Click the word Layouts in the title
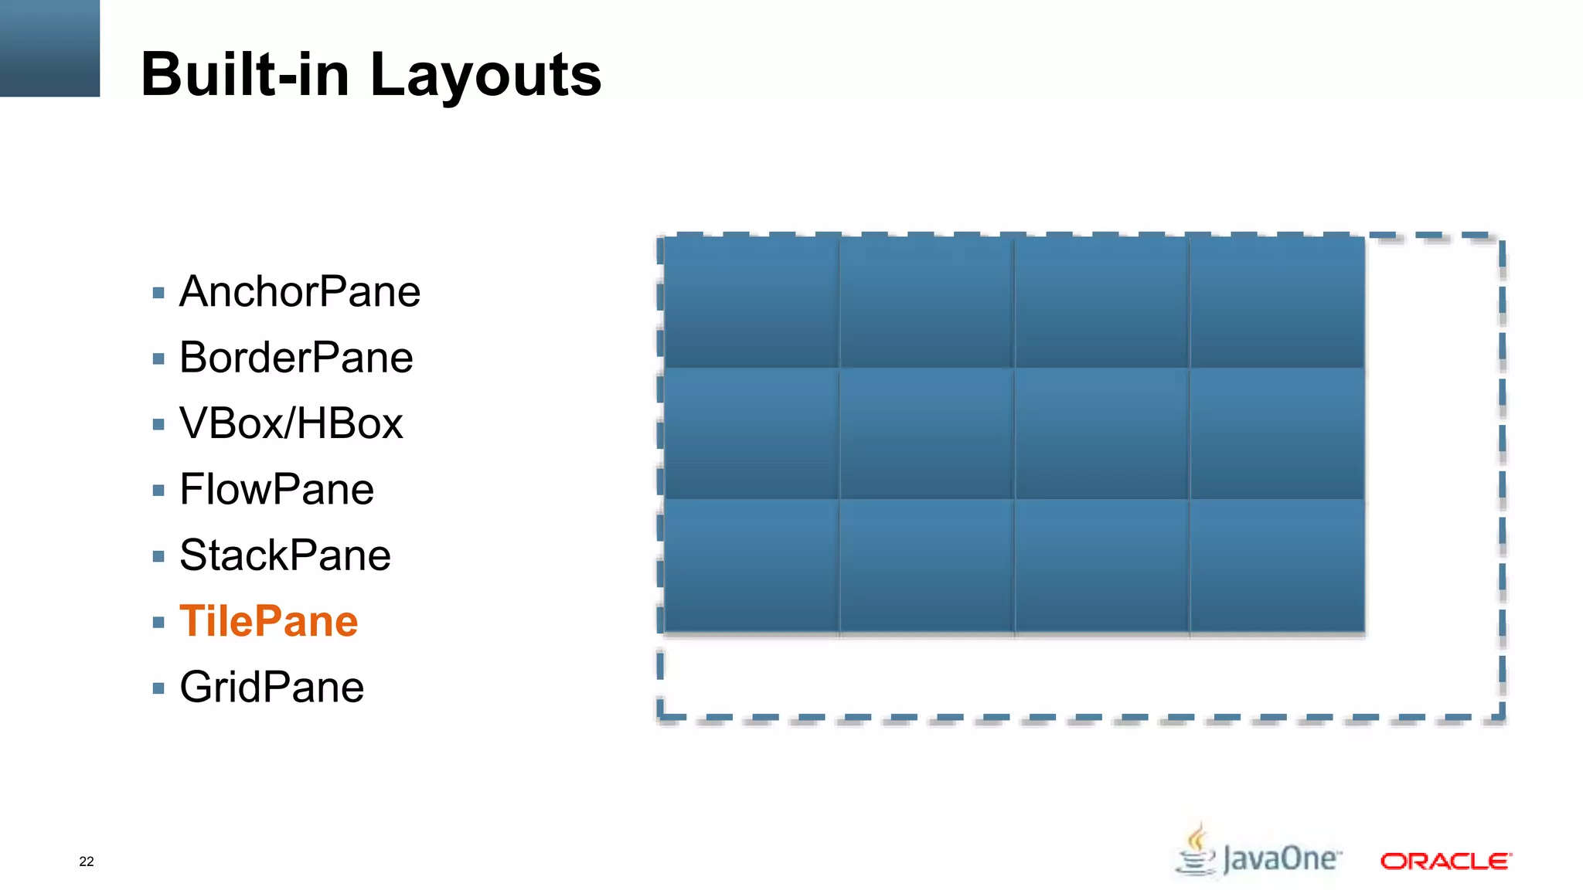click(x=485, y=76)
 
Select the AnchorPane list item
click(x=300, y=292)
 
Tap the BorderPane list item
click(x=296, y=358)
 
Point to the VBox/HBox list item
click(x=291, y=423)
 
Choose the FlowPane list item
click(x=277, y=490)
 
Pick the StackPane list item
click(x=285, y=555)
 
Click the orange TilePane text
click(x=269, y=621)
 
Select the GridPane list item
click(x=272, y=688)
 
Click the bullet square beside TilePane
click(x=158, y=622)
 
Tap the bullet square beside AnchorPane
click(x=158, y=293)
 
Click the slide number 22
click(x=87, y=861)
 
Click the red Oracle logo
click(x=1445, y=861)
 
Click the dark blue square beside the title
click(x=49, y=48)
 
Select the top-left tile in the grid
click(x=751, y=302)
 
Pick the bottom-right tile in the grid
click(x=1277, y=566)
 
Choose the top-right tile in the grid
click(x=1277, y=302)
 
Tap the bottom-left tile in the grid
click(x=751, y=566)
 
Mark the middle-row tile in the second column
click(x=926, y=434)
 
